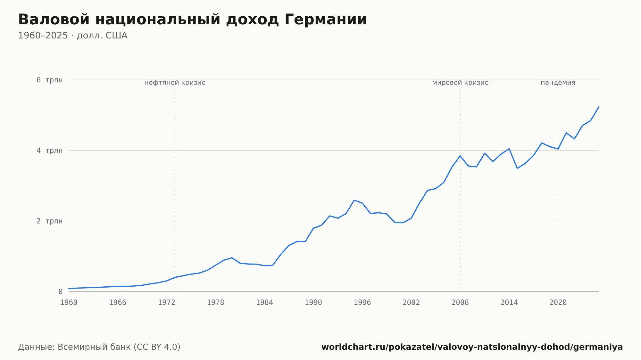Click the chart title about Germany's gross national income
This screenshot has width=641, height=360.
pos(192,20)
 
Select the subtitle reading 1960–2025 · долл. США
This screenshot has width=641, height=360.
pos(73,36)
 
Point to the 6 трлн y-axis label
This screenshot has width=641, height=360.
pos(49,80)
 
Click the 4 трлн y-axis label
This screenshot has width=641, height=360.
pos(49,150)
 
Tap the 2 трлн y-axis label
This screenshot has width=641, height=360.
pos(49,221)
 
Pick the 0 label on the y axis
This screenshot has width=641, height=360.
pos(60,291)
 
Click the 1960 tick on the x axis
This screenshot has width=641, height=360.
pos(69,303)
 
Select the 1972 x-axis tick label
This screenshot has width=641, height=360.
pos(167,303)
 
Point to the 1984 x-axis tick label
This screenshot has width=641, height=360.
pos(264,303)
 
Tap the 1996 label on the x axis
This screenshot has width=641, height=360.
pos(362,303)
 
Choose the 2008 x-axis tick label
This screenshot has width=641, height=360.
pos(460,303)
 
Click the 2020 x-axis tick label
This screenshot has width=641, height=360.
pos(558,303)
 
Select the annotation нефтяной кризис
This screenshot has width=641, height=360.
pos(175,83)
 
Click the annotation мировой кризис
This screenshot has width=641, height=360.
pos(460,83)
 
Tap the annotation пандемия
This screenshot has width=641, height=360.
pos(558,83)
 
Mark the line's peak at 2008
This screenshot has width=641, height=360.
pos(460,156)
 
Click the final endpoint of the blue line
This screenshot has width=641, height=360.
pos(599,107)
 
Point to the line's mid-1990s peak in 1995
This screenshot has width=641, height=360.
pos(354,200)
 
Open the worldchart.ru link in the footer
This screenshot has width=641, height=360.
pos(472,347)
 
